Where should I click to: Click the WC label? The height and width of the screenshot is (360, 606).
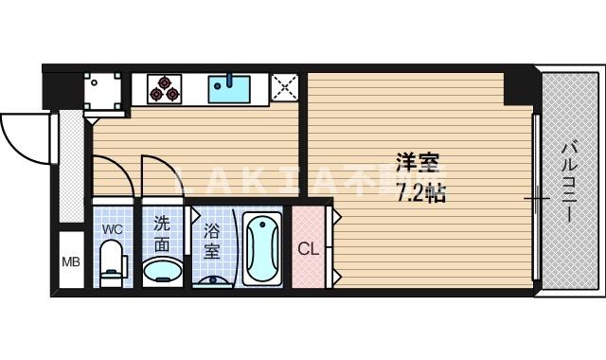click(x=112, y=230)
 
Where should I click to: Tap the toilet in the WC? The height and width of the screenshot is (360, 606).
click(x=113, y=262)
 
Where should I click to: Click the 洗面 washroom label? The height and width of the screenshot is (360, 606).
click(x=163, y=232)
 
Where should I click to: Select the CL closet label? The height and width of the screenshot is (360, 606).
click(x=309, y=249)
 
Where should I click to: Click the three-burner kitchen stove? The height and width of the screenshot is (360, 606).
click(x=166, y=88)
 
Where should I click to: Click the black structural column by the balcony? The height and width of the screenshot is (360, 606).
click(x=519, y=87)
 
